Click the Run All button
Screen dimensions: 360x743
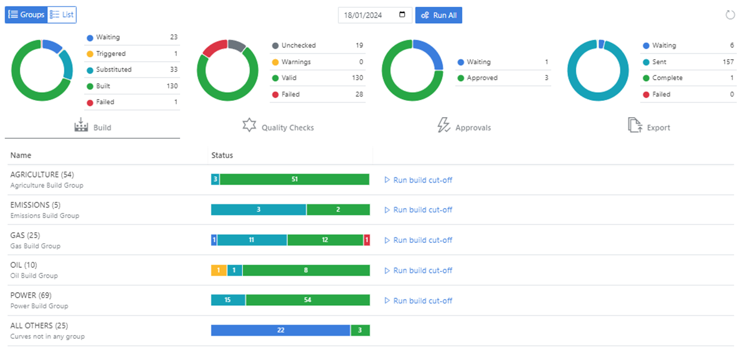[438, 15]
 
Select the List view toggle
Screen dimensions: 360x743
[62, 14]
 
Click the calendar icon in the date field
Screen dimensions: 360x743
[403, 15]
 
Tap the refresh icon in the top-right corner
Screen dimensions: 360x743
[731, 15]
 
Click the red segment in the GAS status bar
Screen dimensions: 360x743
[367, 240]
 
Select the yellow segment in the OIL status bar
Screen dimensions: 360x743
[219, 270]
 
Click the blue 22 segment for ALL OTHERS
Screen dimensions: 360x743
[280, 330]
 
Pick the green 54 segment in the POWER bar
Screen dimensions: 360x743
[308, 300]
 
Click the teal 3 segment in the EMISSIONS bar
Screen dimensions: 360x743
[258, 210]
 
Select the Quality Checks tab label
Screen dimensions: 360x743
[287, 128]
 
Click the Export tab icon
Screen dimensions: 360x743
[635, 126]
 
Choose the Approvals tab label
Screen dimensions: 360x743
[473, 128]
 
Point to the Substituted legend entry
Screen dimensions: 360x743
[113, 70]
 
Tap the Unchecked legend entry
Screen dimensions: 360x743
[298, 45]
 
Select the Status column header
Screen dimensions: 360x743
[222, 155]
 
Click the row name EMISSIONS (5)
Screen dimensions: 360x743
[35, 205]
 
